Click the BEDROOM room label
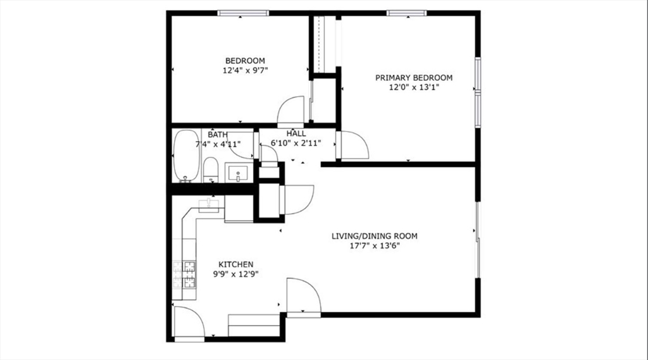point(245,61)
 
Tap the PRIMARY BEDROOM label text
point(414,78)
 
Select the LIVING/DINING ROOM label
point(375,236)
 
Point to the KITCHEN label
point(236,264)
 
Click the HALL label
point(296,133)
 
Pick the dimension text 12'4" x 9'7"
point(246,70)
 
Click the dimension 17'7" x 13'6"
point(375,246)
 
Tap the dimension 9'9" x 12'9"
point(236,274)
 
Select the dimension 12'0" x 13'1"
point(414,87)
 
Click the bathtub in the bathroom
point(187,156)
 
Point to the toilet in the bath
point(211,170)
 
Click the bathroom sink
point(238,172)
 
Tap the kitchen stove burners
point(184,275)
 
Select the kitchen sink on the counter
point(209,204)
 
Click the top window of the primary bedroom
point(407,13)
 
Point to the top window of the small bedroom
point(244,13)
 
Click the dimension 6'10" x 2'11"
point(296,144)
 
